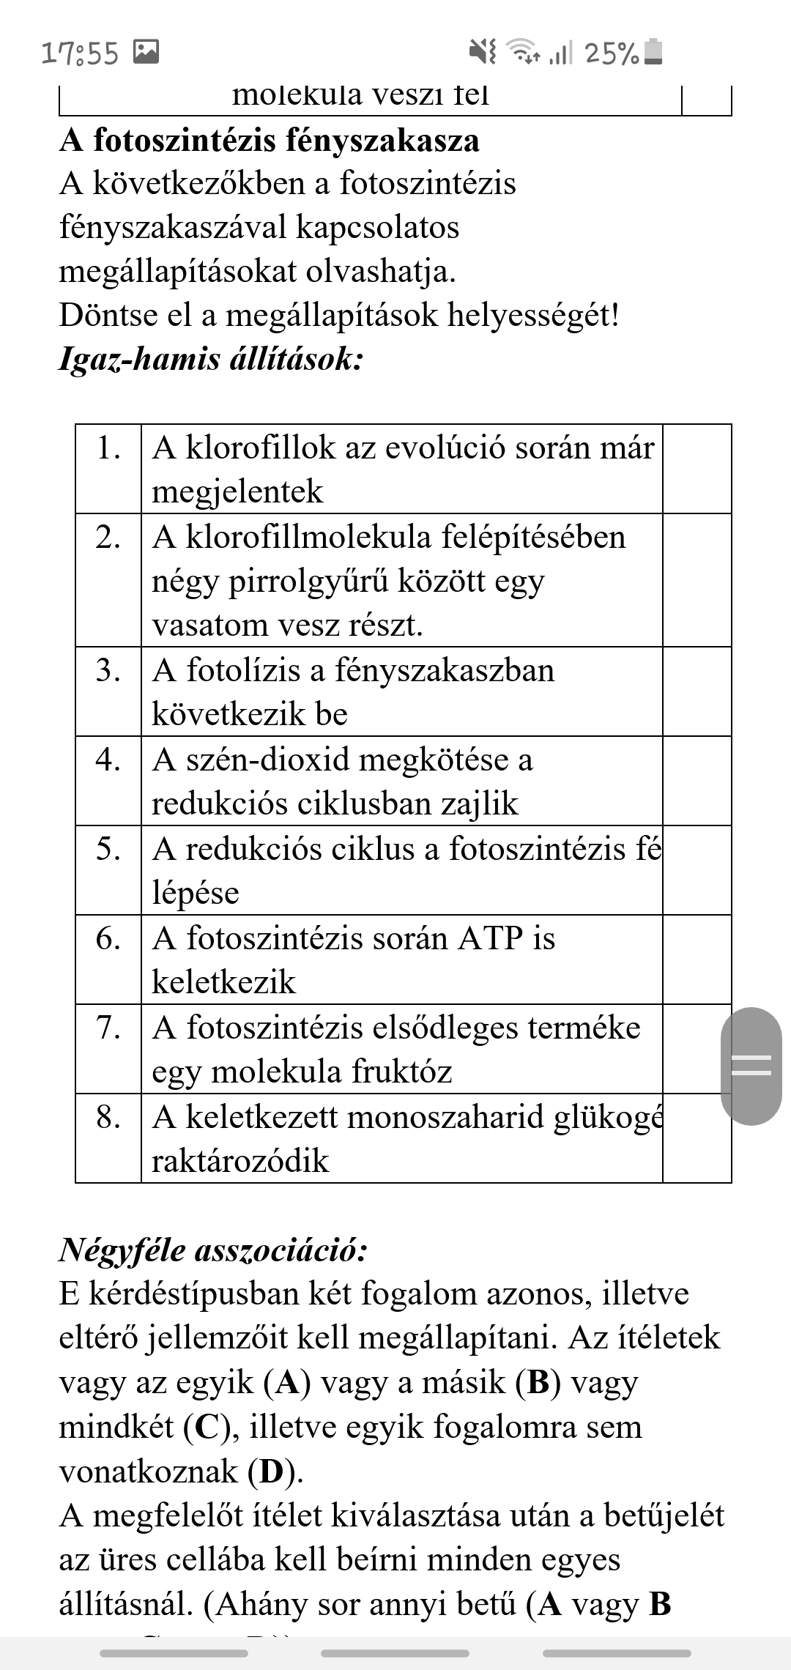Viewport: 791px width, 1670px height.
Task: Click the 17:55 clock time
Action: click(x=80, y=53)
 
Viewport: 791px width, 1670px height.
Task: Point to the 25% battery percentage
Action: click(x=612, y=53)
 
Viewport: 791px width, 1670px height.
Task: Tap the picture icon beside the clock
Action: click(x=146, y=51)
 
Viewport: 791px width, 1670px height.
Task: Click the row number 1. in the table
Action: click(x=108, y=448)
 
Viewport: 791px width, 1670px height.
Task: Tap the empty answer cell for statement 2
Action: click(x=697, y=580)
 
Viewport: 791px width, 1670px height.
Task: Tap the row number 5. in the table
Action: click(x=108, y=849)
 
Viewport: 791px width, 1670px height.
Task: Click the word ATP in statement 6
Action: click(x=485, y=938)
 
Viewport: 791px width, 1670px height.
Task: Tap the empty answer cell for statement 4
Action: click(x=697, y=781)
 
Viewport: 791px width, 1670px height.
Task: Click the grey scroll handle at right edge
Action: click(x=751, y=1066)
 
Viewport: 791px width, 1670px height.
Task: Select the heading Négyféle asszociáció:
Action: click(x=213, y=1250)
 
